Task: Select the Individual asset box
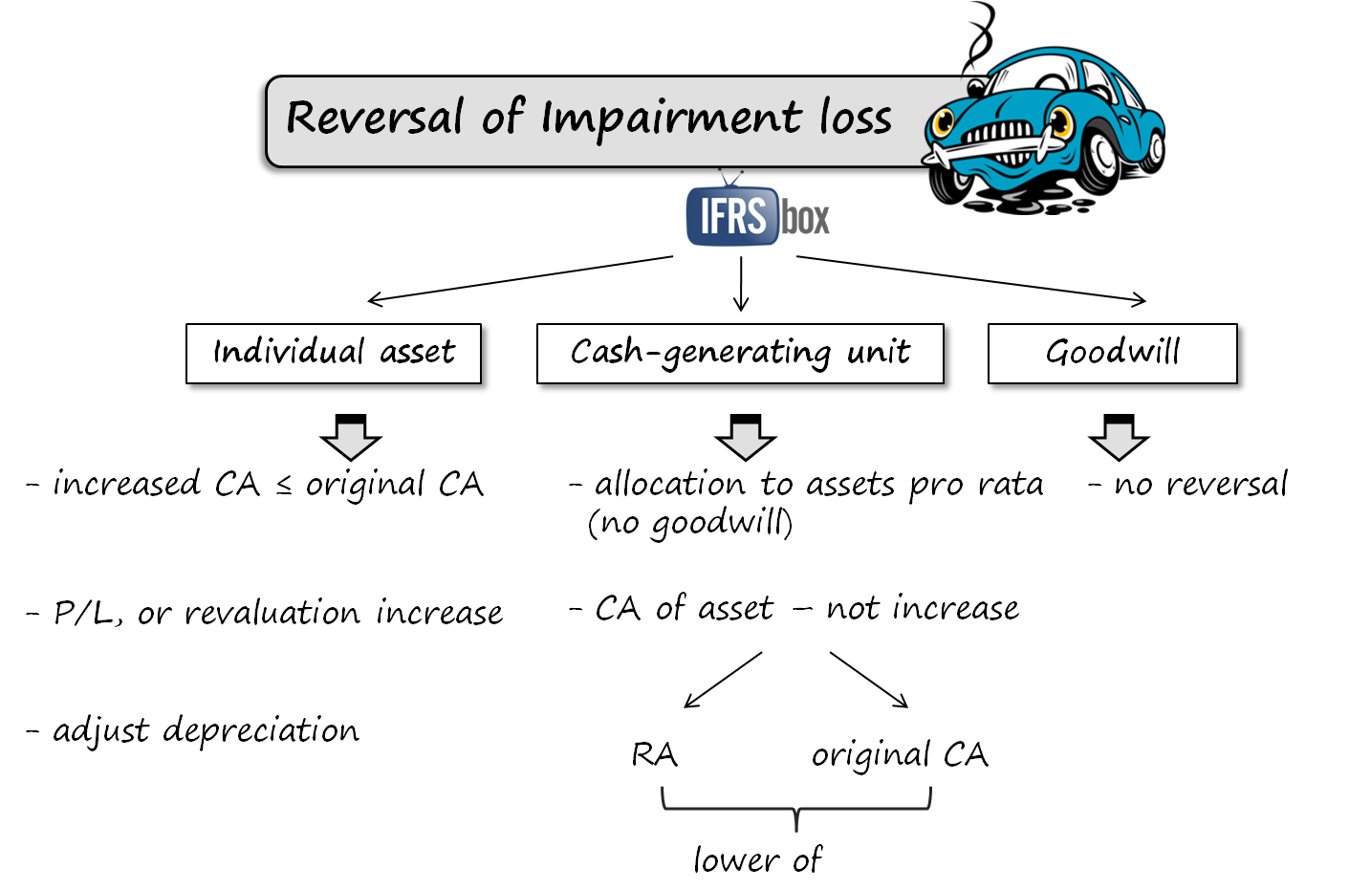coord(336,355)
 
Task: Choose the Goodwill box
coord(1114,355)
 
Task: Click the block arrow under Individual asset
coord(351,438)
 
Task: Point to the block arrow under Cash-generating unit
coord(745,438)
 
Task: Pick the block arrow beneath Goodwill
coord(1119,438)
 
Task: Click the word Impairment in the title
coord(670,119)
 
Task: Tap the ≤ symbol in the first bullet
coord(284,486)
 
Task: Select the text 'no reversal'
coord(1200,485)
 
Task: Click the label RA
coord(654,755)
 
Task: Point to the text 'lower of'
coord(757,860)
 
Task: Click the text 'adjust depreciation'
coord(206,731)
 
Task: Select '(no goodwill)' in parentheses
coord(690,524)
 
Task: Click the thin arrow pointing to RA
coord(723,681)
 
